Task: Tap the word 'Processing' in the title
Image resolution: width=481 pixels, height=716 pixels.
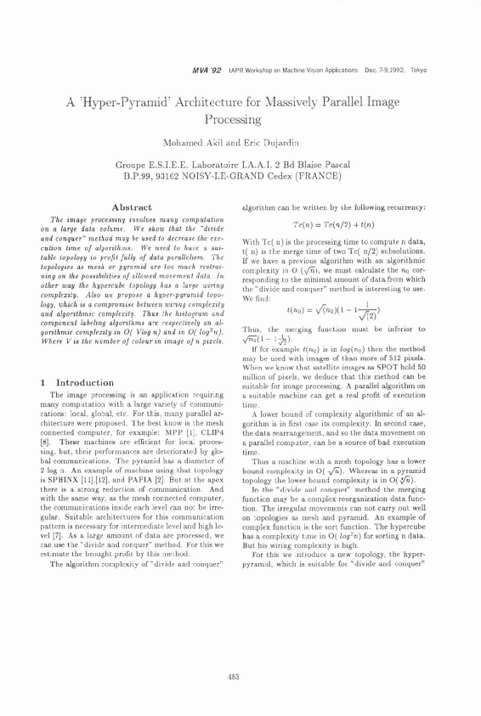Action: [240, 121]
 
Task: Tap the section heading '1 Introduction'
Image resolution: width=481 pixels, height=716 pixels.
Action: [73, 382]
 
